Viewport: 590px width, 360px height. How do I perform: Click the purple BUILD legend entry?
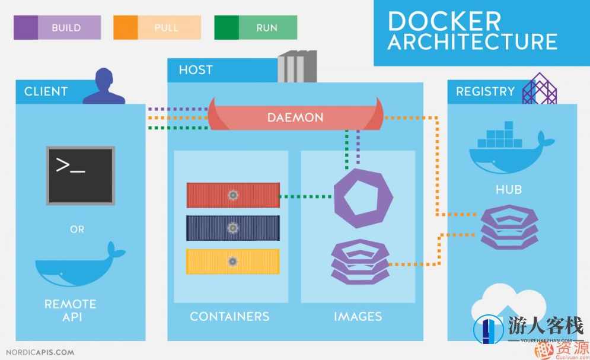[58, 27]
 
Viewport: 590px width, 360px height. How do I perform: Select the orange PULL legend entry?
[157, 27]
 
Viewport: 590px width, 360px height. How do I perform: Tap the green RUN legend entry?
[256, 27]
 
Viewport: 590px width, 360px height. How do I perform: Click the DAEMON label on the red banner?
[295, 117]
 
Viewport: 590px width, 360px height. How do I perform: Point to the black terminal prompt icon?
[80, 175]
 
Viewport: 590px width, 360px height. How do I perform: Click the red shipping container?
[233, 195]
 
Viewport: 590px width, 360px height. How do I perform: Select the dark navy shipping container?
[233, 228]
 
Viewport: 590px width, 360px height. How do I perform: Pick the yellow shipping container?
[233, 261]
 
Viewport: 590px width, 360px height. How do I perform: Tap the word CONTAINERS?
[229, 316]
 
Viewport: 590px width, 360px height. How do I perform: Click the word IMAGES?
[358, 316]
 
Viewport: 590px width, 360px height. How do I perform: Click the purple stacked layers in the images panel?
[360, 262]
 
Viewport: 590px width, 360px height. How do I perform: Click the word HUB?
[509, 190]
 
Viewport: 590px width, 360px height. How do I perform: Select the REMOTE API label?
[70, 310]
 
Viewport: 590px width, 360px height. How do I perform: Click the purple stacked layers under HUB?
[509, 228]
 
